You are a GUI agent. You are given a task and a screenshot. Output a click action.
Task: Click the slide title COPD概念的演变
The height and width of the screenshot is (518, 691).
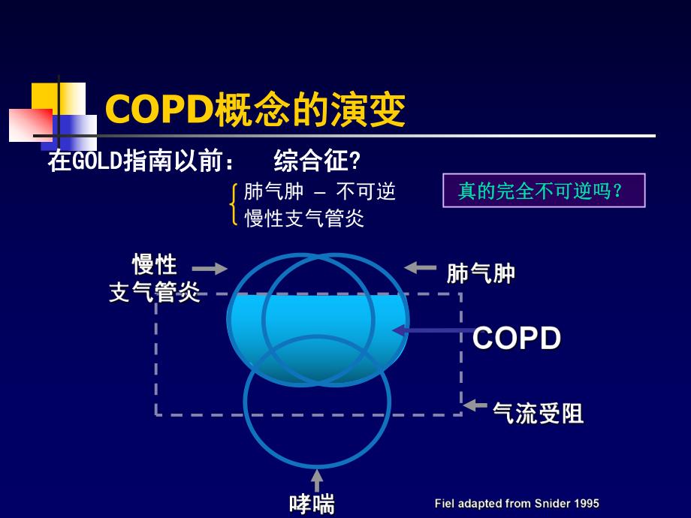click(255, 110)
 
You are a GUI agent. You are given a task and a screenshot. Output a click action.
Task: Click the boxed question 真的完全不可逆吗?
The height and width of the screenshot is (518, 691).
click(540, 191)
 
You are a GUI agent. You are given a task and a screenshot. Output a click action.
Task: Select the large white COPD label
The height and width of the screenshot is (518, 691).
click(517, 339)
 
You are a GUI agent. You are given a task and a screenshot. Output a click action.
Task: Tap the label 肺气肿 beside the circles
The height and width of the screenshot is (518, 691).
click(481, 274)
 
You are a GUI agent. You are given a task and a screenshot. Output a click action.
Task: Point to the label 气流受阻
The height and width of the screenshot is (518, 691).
click(538, 413)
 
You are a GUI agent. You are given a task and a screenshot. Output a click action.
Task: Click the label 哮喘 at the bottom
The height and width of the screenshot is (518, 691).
click(312, 503)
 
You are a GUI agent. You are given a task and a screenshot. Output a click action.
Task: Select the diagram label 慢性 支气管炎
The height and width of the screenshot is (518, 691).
click(155, 278)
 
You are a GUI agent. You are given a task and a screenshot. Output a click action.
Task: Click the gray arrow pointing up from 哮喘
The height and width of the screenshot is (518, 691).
click(317, 480)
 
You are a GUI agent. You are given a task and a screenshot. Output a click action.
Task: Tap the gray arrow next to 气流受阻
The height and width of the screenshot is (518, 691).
click(475, 405)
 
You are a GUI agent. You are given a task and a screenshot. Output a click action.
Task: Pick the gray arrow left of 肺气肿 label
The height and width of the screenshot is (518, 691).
click(420, 267)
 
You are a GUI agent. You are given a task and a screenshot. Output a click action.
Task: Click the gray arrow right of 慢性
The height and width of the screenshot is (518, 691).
click(210, 269)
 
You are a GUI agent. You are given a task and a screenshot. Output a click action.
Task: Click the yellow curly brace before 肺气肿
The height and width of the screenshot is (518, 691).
click(234, 204)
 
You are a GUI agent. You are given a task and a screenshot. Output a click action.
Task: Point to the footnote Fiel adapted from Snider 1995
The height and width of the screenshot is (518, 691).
click(517, 504)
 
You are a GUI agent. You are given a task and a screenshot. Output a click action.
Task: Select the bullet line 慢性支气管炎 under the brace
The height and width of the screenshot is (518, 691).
click(304, 218)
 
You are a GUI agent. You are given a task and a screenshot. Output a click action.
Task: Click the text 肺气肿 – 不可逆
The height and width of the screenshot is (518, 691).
click(319, 192)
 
